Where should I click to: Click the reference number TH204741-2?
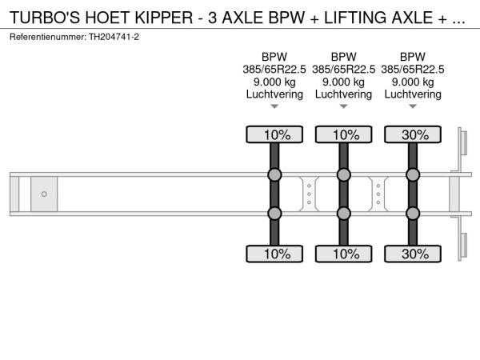(x=114, y=37)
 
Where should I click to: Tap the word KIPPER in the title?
(x=164, y=18)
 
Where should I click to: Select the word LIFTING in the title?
(x=355, y=18)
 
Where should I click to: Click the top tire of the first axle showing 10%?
(x=274, y=134)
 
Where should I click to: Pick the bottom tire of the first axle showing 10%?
(x=274, y=254)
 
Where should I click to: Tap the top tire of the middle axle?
(x=343, y=134)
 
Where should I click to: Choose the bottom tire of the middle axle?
(x=343, y=254)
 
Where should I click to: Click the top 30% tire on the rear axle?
(x=413, y=134)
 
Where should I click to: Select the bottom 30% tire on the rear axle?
(x=413, y=254)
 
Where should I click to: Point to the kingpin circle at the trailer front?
(x=44, y=194)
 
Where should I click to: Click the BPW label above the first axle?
(x=274, y=57)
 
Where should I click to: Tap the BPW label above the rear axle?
(x=413, y=57)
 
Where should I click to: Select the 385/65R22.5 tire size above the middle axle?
(x=343, y=70)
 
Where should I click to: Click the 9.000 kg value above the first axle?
(x=274, y=82)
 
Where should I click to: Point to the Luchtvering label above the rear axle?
(x=413, y=94)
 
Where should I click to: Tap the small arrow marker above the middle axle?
(x=343, y=106)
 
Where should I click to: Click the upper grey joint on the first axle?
(x=274, y=174)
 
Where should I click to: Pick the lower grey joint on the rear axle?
(x=413, y=214)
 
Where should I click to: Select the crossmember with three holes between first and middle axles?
(x=309, y=194)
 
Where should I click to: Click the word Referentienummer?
(x=48, y=37)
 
